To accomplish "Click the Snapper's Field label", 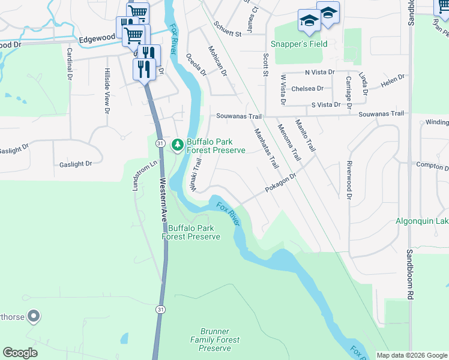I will [x=298, y=44].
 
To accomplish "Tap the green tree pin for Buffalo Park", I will [x=178, y=145].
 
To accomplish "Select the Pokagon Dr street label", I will [x=282, y=184].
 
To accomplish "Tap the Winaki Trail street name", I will [x=195, y=175].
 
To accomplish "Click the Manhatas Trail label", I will [x=267, y=149].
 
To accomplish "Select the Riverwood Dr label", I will [x=348, y=179].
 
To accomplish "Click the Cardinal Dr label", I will [x=70, y=64].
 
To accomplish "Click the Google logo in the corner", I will [x=20, y=352].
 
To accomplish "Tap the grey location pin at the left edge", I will [x=34, y=315].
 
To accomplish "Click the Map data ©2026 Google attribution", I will [x=412, y=355].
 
